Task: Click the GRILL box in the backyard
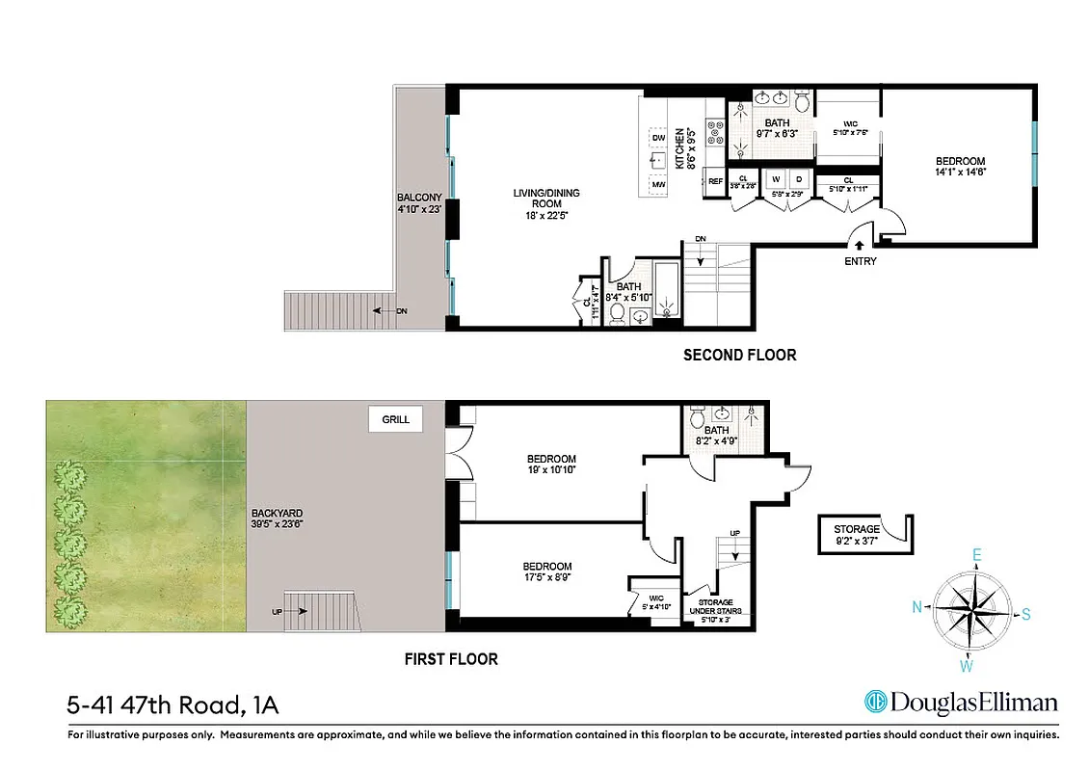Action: coord(396,419)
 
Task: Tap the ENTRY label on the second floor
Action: coord(860,261)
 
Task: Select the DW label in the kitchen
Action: coord(658,139)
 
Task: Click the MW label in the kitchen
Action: coord(658,184)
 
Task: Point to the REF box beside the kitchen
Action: coord(715,181)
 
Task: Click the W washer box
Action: coord(775,179)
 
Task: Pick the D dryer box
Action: coord(798,179)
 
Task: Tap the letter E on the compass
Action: coord(976,555)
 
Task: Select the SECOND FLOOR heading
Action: coord(739,355)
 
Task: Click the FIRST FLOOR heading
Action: coord(450,659)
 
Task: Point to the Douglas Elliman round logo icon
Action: coord(876,702)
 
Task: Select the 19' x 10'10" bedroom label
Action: coord(551,465)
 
